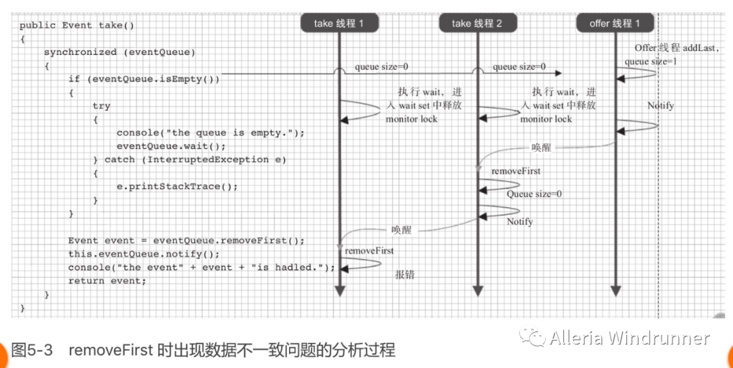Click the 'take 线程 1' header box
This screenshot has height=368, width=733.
339,23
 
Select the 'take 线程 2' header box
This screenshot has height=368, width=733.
476,23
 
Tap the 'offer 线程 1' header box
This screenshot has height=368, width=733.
615,23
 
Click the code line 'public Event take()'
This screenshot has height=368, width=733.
77,25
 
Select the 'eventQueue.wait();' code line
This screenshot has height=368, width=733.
171,146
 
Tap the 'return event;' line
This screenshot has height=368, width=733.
107,281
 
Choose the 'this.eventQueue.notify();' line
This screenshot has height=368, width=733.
144,254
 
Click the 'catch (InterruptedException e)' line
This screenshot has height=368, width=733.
189,159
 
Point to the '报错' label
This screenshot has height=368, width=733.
405,274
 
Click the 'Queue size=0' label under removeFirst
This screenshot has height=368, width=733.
534,194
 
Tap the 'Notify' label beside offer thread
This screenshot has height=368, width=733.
660,106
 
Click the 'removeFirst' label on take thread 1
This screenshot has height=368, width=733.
369,251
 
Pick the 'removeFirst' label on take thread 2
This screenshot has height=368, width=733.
516,171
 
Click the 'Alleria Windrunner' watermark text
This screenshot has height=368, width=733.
630,338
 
